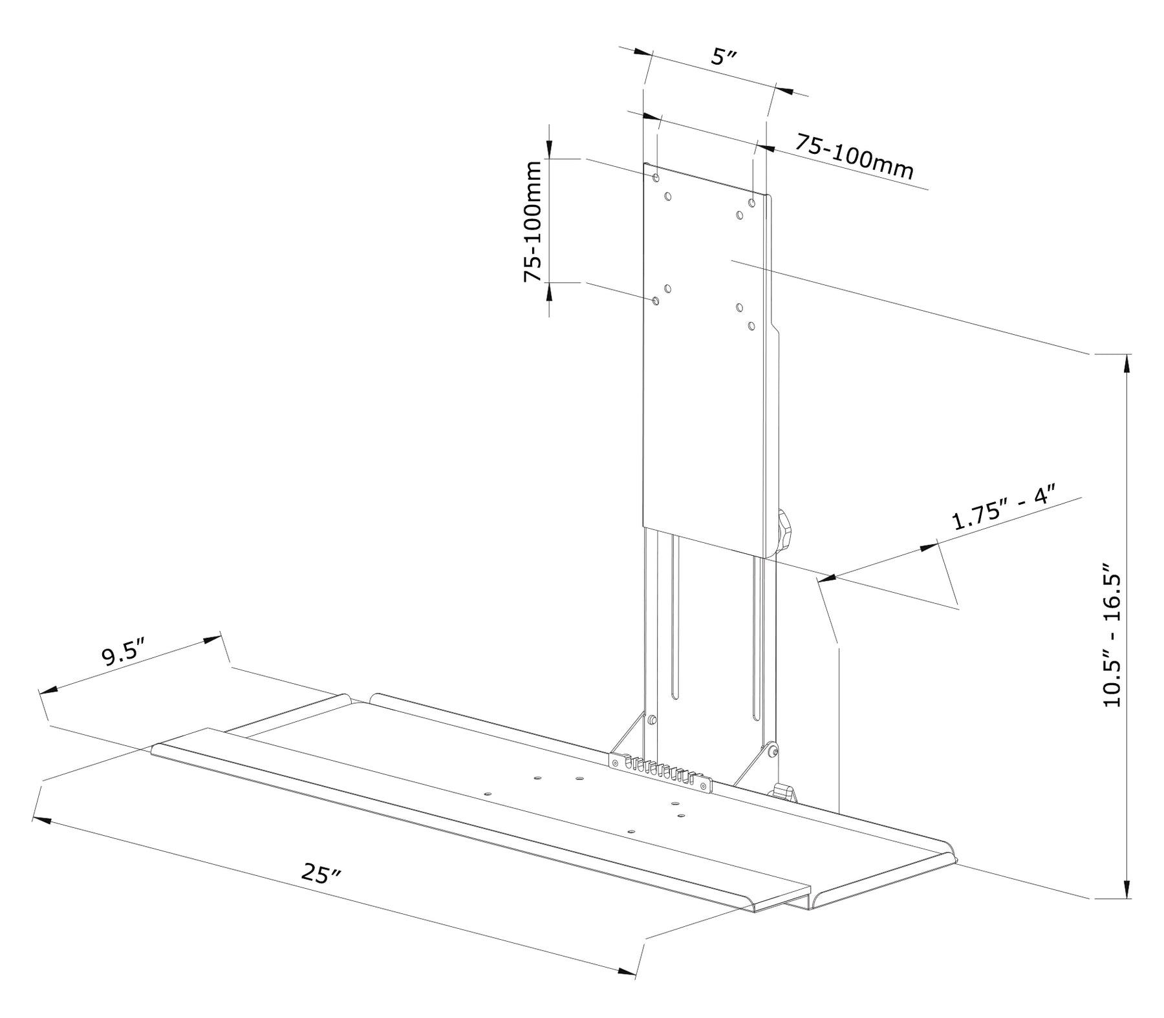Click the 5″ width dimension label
(x=724, y=57)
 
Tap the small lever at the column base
(x=783, y=792)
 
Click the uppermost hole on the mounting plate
(x=656, y=176)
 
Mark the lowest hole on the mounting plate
(x=751, y=326)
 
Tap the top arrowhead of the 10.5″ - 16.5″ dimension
(x=1127, y=363)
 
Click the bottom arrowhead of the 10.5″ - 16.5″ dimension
(x=1127, y=889)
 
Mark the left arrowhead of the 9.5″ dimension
(x=49, y=690)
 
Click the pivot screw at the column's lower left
(x=652, y=719)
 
